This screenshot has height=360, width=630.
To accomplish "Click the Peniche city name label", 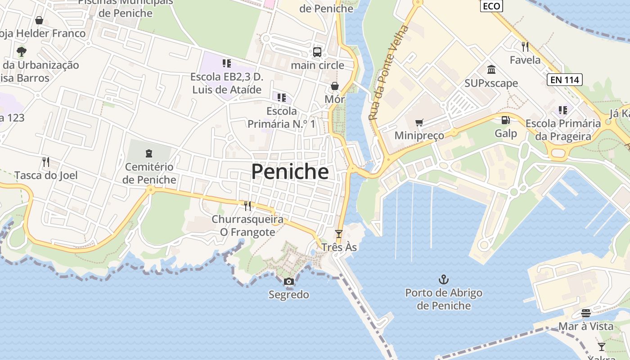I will (290, 171).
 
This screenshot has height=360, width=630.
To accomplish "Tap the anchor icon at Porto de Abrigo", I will (444, 279).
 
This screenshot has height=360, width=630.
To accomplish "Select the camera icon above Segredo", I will (289, 282).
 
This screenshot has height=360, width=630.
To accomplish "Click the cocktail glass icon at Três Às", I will (339, 234).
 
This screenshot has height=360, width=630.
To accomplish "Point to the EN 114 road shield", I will (565, 80).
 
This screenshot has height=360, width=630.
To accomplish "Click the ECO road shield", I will (491, 6).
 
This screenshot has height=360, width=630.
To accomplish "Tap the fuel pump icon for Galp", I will (506, 120).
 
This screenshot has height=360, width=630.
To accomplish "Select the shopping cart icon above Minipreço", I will (419, 122).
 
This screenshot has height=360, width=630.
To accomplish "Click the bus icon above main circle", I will (317, 52).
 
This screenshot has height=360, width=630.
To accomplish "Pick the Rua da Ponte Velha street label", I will (388, 73).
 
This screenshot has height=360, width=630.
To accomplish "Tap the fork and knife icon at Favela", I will (525, 46).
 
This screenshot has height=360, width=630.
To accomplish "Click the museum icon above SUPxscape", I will (491, 70).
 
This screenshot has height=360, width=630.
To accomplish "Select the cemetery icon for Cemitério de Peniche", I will (149, 153).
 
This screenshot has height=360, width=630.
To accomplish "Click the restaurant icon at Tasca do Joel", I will (45, 162).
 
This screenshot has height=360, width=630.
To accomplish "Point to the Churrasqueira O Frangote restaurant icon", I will (247, 206).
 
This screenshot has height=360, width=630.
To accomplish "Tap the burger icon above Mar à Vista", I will (586, 313).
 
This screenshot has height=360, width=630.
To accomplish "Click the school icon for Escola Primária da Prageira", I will (562, 110).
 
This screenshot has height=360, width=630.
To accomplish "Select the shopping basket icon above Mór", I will (335, 86).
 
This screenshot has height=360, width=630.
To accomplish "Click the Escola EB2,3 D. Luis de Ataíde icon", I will (226, 63).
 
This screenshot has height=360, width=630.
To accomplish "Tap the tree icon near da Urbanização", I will (21, 51).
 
